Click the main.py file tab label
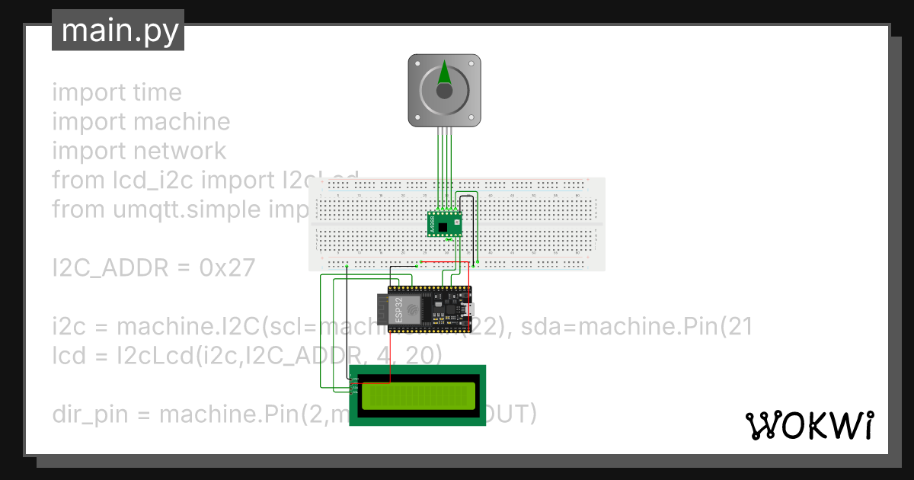(118, 31)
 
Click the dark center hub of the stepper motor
(445, 91)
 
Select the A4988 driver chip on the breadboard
(445, 224)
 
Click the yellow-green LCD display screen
(418, 396)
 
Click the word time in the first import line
(157, 93)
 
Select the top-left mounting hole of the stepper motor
(415, 61)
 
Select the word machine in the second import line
(181, 122)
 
